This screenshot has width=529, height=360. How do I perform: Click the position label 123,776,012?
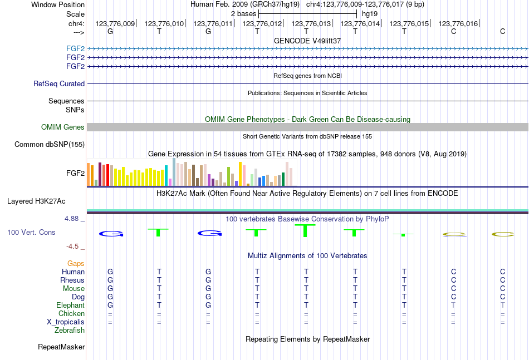(262, 23)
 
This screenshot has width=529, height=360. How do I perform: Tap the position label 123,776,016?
(458, 23)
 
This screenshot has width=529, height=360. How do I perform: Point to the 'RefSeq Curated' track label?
(59, 84)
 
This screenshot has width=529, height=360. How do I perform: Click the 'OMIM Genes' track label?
(63, 127)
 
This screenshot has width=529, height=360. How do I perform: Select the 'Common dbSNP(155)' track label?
(50, 145)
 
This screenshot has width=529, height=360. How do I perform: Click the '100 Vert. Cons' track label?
(31, 232)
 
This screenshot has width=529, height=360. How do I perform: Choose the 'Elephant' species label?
(70, 305)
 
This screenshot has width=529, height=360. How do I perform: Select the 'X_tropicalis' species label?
(66, 322)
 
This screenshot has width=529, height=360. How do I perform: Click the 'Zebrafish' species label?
(70, 331)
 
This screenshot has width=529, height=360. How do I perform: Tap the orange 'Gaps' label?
(76, 263)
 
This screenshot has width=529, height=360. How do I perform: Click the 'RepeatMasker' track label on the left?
(61, 347)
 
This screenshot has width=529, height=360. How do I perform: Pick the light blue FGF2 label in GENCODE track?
(75, 48)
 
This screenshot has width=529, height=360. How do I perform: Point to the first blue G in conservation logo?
(110, 233)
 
